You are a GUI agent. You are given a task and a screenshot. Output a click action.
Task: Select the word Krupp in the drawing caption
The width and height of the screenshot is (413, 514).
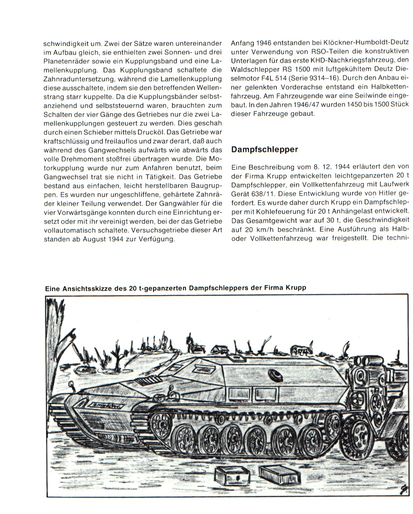(293, 288)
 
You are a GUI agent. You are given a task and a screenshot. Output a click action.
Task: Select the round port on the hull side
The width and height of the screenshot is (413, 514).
(274, 375)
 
